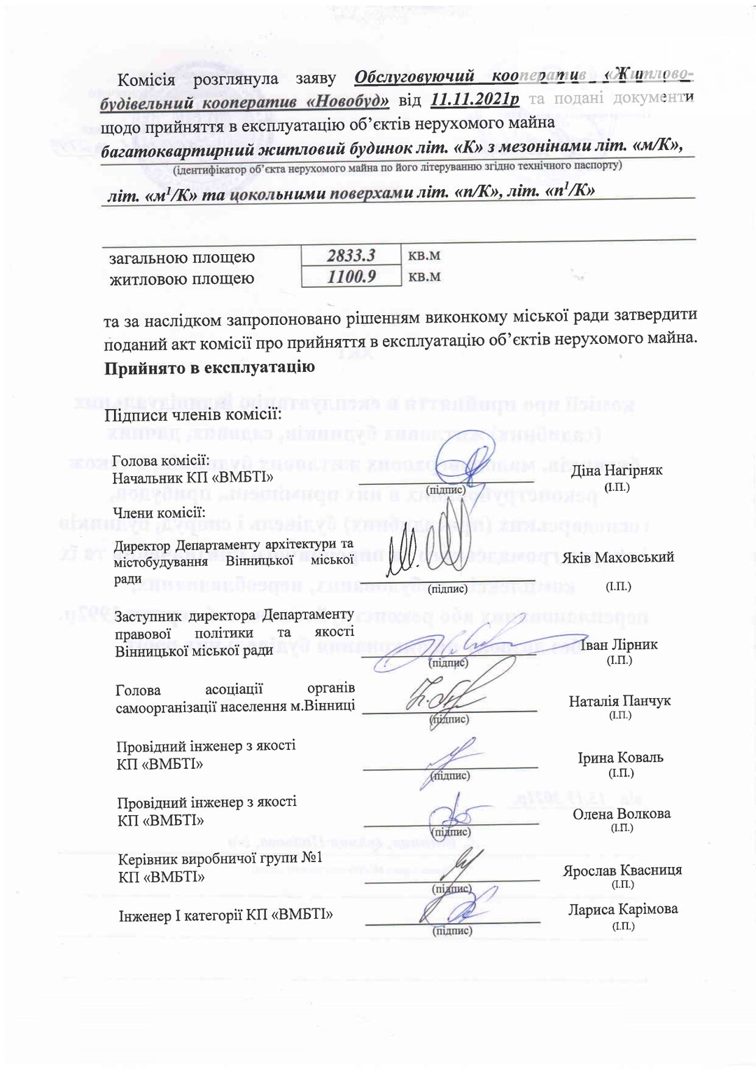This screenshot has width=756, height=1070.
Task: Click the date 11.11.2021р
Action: tap(475, 99)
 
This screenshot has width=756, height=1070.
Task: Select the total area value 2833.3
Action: tap(351, 256)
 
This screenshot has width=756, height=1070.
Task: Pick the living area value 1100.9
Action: tap(351, 277)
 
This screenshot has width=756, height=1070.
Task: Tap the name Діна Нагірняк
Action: tap(616, 471)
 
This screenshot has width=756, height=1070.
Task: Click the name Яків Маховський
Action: tap(617, 557)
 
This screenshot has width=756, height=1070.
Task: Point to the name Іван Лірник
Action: tap(619, 645)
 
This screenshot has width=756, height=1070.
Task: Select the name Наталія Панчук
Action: tap(619, 701)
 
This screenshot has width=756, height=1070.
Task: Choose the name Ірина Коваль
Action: tap(620, 758)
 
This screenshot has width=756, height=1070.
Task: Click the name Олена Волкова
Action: tap(622, 814)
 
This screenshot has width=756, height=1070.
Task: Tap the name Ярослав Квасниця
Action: tap(622, 870)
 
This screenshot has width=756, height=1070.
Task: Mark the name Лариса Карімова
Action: tap(623, 910)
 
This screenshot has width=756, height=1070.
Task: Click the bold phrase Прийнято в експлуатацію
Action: tap(209, 368)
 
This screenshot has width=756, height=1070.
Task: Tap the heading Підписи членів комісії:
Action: tap(193, 415)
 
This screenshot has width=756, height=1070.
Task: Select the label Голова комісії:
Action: tap(161, 461)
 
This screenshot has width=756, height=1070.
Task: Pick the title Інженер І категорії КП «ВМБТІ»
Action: tap(225, 915)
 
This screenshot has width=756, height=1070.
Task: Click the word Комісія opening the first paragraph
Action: tap(146, 79)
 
